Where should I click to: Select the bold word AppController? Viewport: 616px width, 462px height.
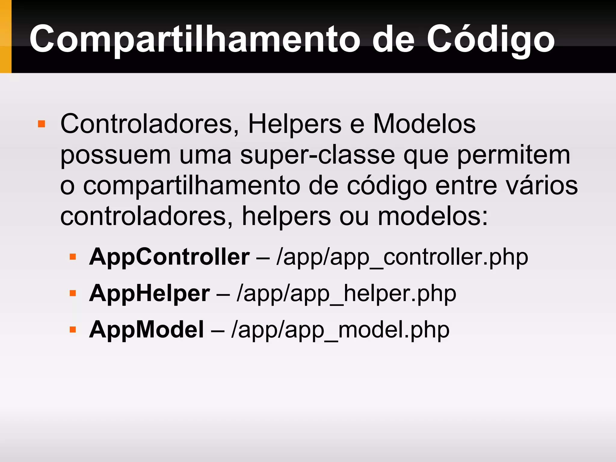[x=169, y=257]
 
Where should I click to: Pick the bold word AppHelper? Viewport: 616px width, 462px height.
[x=149, y=293]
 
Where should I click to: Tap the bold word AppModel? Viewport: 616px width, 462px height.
[x=146, y=330]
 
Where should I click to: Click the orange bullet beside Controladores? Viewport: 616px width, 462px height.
[x=42, y=124]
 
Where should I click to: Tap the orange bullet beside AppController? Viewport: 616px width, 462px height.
[x=72, y=257]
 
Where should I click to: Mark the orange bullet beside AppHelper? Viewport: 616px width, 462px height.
[x=72, y=293]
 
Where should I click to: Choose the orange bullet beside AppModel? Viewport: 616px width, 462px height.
[x=72, y=329]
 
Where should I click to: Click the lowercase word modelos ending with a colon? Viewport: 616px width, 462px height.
[x=433, y=217]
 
